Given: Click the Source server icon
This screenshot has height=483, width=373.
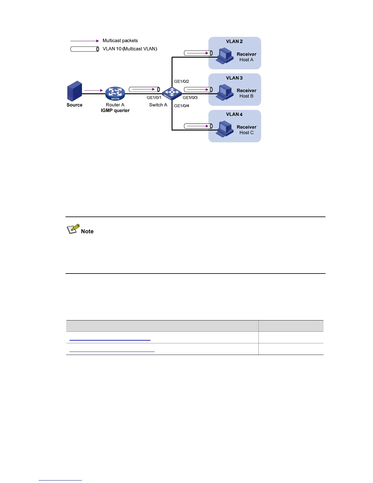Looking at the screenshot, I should (x=75, y=91).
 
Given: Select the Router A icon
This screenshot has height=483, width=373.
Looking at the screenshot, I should (x=115, y=93).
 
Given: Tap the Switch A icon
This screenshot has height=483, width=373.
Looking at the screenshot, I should (x=172, y=93).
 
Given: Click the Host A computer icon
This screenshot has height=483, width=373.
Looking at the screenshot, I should (x=225, y=55).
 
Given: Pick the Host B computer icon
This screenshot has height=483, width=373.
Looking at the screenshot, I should (x=225, y=92).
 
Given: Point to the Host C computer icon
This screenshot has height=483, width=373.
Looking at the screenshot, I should (x=225, y=129).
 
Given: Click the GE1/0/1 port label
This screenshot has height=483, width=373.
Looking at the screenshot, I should (x=154, y=98).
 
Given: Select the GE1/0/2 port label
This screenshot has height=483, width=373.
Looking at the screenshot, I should (x=182, y=81).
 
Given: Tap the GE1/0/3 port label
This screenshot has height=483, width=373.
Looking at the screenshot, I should (x=190, y=98).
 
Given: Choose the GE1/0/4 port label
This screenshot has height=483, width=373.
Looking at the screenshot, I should (x=182, y=106).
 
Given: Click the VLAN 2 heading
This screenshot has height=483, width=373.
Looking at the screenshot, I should (x=234, y=41).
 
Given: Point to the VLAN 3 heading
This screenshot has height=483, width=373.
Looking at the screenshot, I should (x=234, y=78).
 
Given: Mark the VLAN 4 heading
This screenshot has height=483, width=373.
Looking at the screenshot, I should (x=234, y=114).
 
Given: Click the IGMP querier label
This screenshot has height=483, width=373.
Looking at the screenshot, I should (x=115, y=110).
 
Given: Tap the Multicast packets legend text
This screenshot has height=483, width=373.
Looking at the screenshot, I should (x=120, y=41).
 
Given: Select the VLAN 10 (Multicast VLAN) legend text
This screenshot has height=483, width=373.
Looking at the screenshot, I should (x=130, y=49).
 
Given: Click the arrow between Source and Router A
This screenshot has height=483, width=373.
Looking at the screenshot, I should (x=94, y=90).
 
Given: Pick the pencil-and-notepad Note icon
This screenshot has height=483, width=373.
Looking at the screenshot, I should (x=73, y=229).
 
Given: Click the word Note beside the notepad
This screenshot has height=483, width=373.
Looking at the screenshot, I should (x=87, y=231).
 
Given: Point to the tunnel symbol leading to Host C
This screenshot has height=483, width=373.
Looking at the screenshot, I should (x=198, y=126).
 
